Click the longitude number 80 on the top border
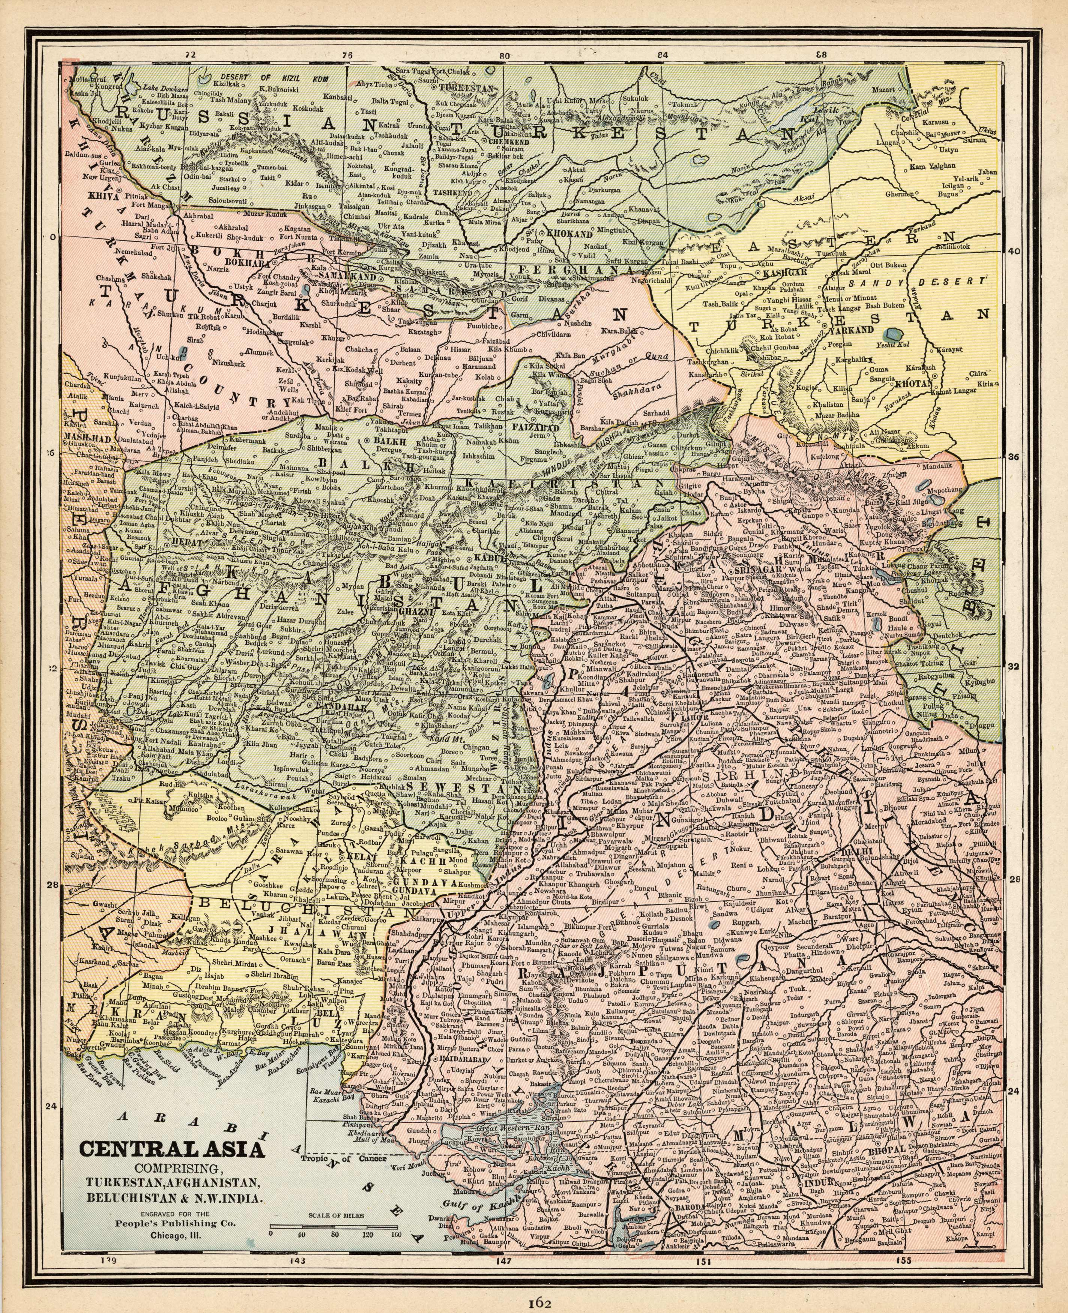[505, 56]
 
